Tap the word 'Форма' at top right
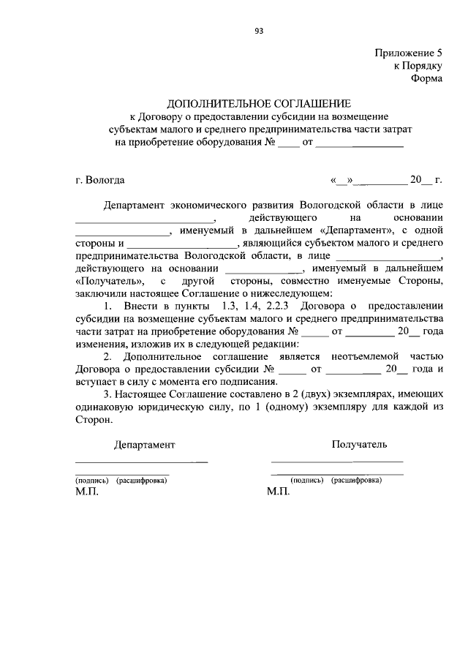tap(428, 78)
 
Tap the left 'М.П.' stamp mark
tap(86, 492)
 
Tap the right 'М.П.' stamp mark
tap(279, 492)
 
